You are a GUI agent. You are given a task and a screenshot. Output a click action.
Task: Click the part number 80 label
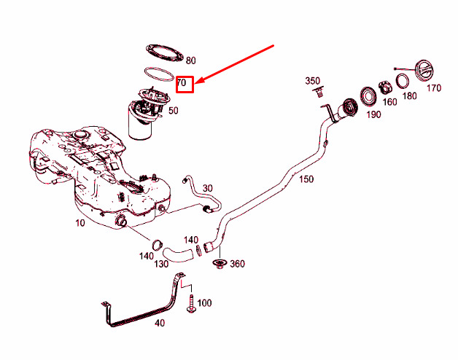(x=191, y=60)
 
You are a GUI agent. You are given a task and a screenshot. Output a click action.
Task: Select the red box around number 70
(x=184, y=85)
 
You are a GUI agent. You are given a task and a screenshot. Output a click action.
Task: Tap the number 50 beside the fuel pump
(x=174, y=111)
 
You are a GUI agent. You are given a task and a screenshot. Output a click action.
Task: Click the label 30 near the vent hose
(x=208, y=189)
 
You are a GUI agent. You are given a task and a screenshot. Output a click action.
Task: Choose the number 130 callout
(x=160, y=263)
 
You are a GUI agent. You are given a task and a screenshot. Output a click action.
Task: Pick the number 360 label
(x=237, y=264)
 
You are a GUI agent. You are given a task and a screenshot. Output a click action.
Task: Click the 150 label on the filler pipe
(x=306, y=179)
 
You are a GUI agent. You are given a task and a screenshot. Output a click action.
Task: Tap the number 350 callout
(x=313, y=80)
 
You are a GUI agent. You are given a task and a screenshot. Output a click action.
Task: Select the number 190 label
(x=373, y=114)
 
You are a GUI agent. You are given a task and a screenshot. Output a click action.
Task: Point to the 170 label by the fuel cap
(x=434, y=89)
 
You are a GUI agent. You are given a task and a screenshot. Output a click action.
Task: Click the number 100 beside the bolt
(x=204, y=302)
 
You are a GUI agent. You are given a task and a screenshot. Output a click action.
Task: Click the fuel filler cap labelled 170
(x=423, y=72)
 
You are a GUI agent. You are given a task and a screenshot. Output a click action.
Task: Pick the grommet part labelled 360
(x=218, y=264)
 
